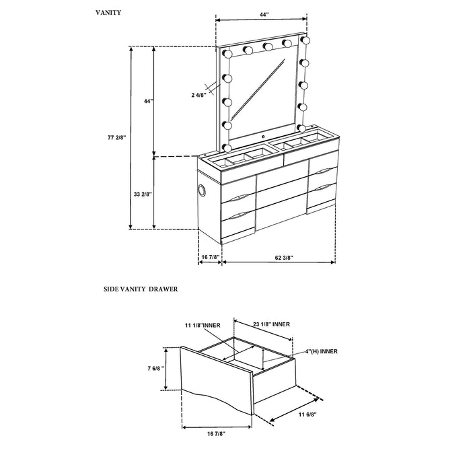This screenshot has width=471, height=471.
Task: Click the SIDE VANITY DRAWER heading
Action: click(x=140, y=289)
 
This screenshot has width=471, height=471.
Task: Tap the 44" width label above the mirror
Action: click(x=260, y=13)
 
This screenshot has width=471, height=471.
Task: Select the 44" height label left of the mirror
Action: click(x=147, y=101)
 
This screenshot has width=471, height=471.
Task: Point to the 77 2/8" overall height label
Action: click(x=116, y=137)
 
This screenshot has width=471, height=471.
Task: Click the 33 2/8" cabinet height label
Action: click(x=144, y=194)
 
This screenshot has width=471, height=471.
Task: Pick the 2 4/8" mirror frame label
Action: click(x=198, y=96)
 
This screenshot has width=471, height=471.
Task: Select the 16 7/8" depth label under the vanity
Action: click(x=211, y=256)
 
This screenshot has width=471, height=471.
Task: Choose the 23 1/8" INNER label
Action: click(x=272, y=324)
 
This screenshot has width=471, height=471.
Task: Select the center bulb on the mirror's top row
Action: click(x=267, y=46)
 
